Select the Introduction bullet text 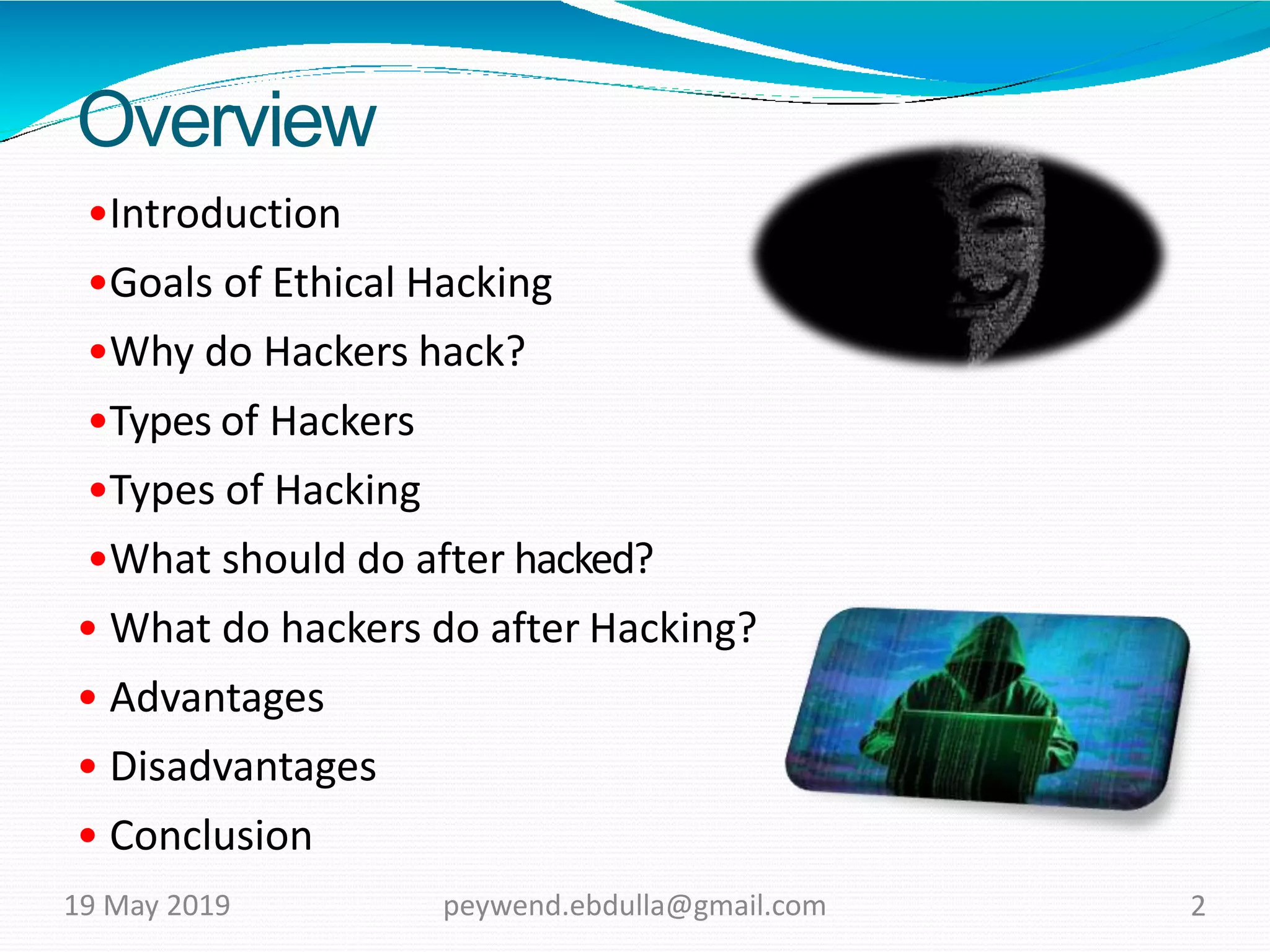tap(225, 214)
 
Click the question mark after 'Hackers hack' tap(514, 351)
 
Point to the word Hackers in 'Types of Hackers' tap(342, 421)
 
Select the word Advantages tap(217, 698)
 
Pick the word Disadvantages tap(243, 767)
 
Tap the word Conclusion tap(211, 836)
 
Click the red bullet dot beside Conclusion tap(88, 835)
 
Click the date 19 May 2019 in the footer tap(147, 906)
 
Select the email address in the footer tap(634, 906)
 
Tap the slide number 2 tap(1197, 906)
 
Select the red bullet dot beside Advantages tap(88, 697)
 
